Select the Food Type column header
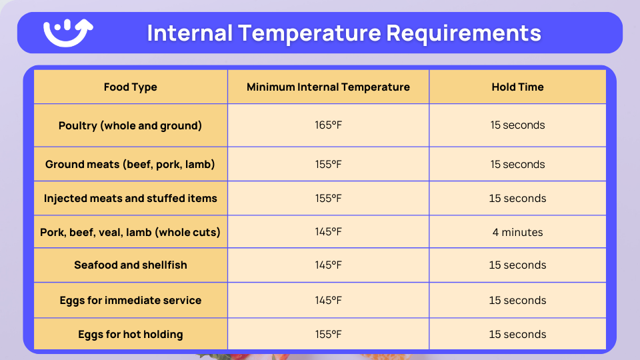131,87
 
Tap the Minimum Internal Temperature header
328,87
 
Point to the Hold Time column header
517,87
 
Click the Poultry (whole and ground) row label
131,125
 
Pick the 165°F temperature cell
328,125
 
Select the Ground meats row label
131,164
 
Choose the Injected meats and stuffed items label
131,198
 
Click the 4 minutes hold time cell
517,232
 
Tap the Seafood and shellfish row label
131,265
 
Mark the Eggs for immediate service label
131,300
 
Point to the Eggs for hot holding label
131,334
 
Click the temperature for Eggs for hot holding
328,334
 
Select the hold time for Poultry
517,125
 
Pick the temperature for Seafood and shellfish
328,265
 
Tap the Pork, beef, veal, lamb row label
131,232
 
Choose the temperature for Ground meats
328,164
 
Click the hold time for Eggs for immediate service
517,300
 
